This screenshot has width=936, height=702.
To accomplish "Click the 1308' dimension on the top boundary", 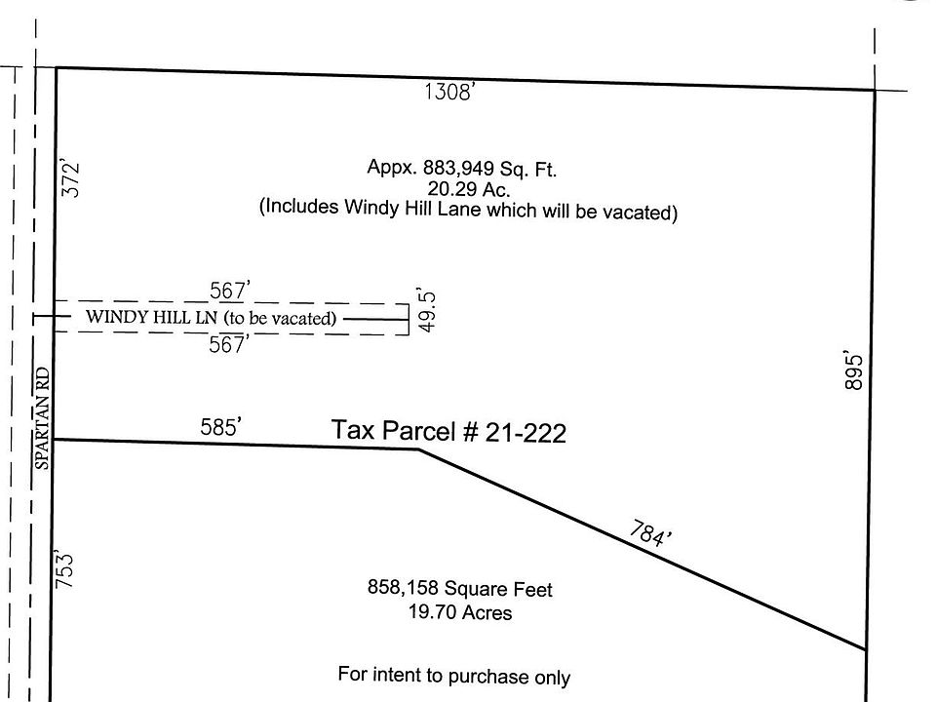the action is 449,92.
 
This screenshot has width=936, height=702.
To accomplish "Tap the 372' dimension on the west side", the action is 70,177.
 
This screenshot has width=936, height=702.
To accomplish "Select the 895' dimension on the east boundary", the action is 854,371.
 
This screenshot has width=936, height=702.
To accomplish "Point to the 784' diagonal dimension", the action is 650,532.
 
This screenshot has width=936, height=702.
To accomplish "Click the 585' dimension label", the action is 221,427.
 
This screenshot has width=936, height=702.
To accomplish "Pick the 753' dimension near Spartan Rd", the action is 64,569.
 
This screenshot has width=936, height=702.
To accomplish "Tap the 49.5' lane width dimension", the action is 426,311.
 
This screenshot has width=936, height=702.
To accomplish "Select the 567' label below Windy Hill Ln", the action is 228,344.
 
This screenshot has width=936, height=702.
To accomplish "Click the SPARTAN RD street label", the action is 42,418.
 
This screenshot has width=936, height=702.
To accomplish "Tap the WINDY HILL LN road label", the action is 151,316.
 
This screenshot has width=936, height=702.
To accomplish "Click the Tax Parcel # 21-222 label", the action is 448,430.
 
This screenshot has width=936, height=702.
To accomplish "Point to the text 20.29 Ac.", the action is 469,189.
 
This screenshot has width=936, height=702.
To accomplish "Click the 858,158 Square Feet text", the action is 459,589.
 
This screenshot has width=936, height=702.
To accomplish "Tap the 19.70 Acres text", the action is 460,612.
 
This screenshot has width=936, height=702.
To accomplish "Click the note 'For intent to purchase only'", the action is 453,675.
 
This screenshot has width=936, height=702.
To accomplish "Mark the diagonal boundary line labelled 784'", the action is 643,549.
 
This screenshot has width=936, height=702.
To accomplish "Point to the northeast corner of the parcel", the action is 875,91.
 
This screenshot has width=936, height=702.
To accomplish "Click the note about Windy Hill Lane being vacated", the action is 469,210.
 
